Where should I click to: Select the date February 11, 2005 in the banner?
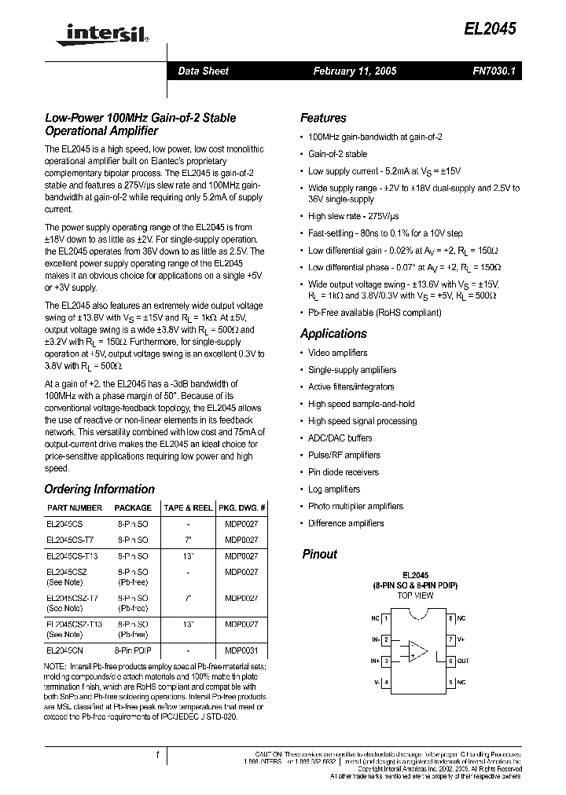(355, 71)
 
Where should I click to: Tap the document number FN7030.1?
(492, 71)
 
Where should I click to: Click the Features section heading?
(323, 118)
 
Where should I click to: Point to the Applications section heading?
(333, 334)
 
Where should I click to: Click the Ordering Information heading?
(99, 489)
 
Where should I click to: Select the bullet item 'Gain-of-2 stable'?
(337, 154)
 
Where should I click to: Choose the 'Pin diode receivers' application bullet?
(343, 472)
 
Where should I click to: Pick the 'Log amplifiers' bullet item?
(333, 489)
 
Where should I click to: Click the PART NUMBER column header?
(75, 508)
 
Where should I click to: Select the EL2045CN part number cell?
(65, 651)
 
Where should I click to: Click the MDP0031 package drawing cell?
(241, 651)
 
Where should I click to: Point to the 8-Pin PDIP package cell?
(133, 651)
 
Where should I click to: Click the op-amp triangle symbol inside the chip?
(417, 651)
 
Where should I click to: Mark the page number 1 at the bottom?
(157, 756)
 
